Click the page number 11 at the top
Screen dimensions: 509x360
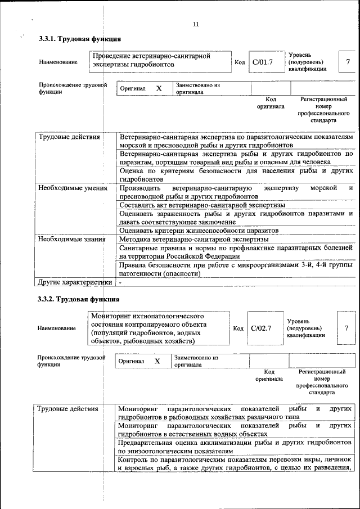196,24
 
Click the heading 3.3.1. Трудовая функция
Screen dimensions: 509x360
79,39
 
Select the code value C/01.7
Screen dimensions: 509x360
262,62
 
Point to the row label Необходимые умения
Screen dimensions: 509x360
73,188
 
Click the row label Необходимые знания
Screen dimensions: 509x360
72,239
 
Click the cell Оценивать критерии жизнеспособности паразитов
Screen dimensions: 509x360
199,231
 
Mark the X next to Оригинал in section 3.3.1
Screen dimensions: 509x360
159,89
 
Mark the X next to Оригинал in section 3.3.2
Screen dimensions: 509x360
157,361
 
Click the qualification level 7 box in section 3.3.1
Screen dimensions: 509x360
348,62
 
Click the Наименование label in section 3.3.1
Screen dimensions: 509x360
58,62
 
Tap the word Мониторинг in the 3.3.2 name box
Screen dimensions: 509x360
112,317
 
